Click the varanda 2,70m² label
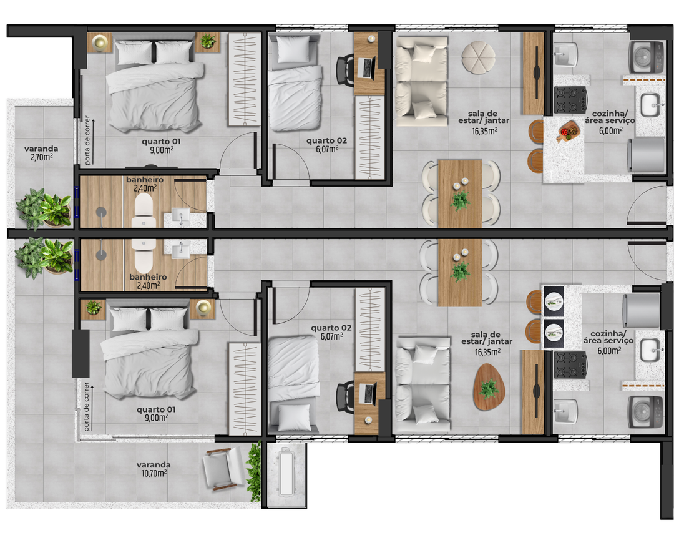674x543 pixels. pos(41,153)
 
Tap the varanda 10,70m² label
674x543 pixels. pos(154,469)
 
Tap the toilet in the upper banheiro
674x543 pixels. pos(144,210)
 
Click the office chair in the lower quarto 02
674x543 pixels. pos(344,396)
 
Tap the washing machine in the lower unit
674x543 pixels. pos(645,412)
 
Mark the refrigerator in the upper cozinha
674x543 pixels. pos(647,154)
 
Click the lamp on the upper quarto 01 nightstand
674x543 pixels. pos(99,42)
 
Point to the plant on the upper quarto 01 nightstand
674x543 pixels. pos(207,42)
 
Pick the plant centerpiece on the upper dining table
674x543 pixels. pos(461,200)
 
